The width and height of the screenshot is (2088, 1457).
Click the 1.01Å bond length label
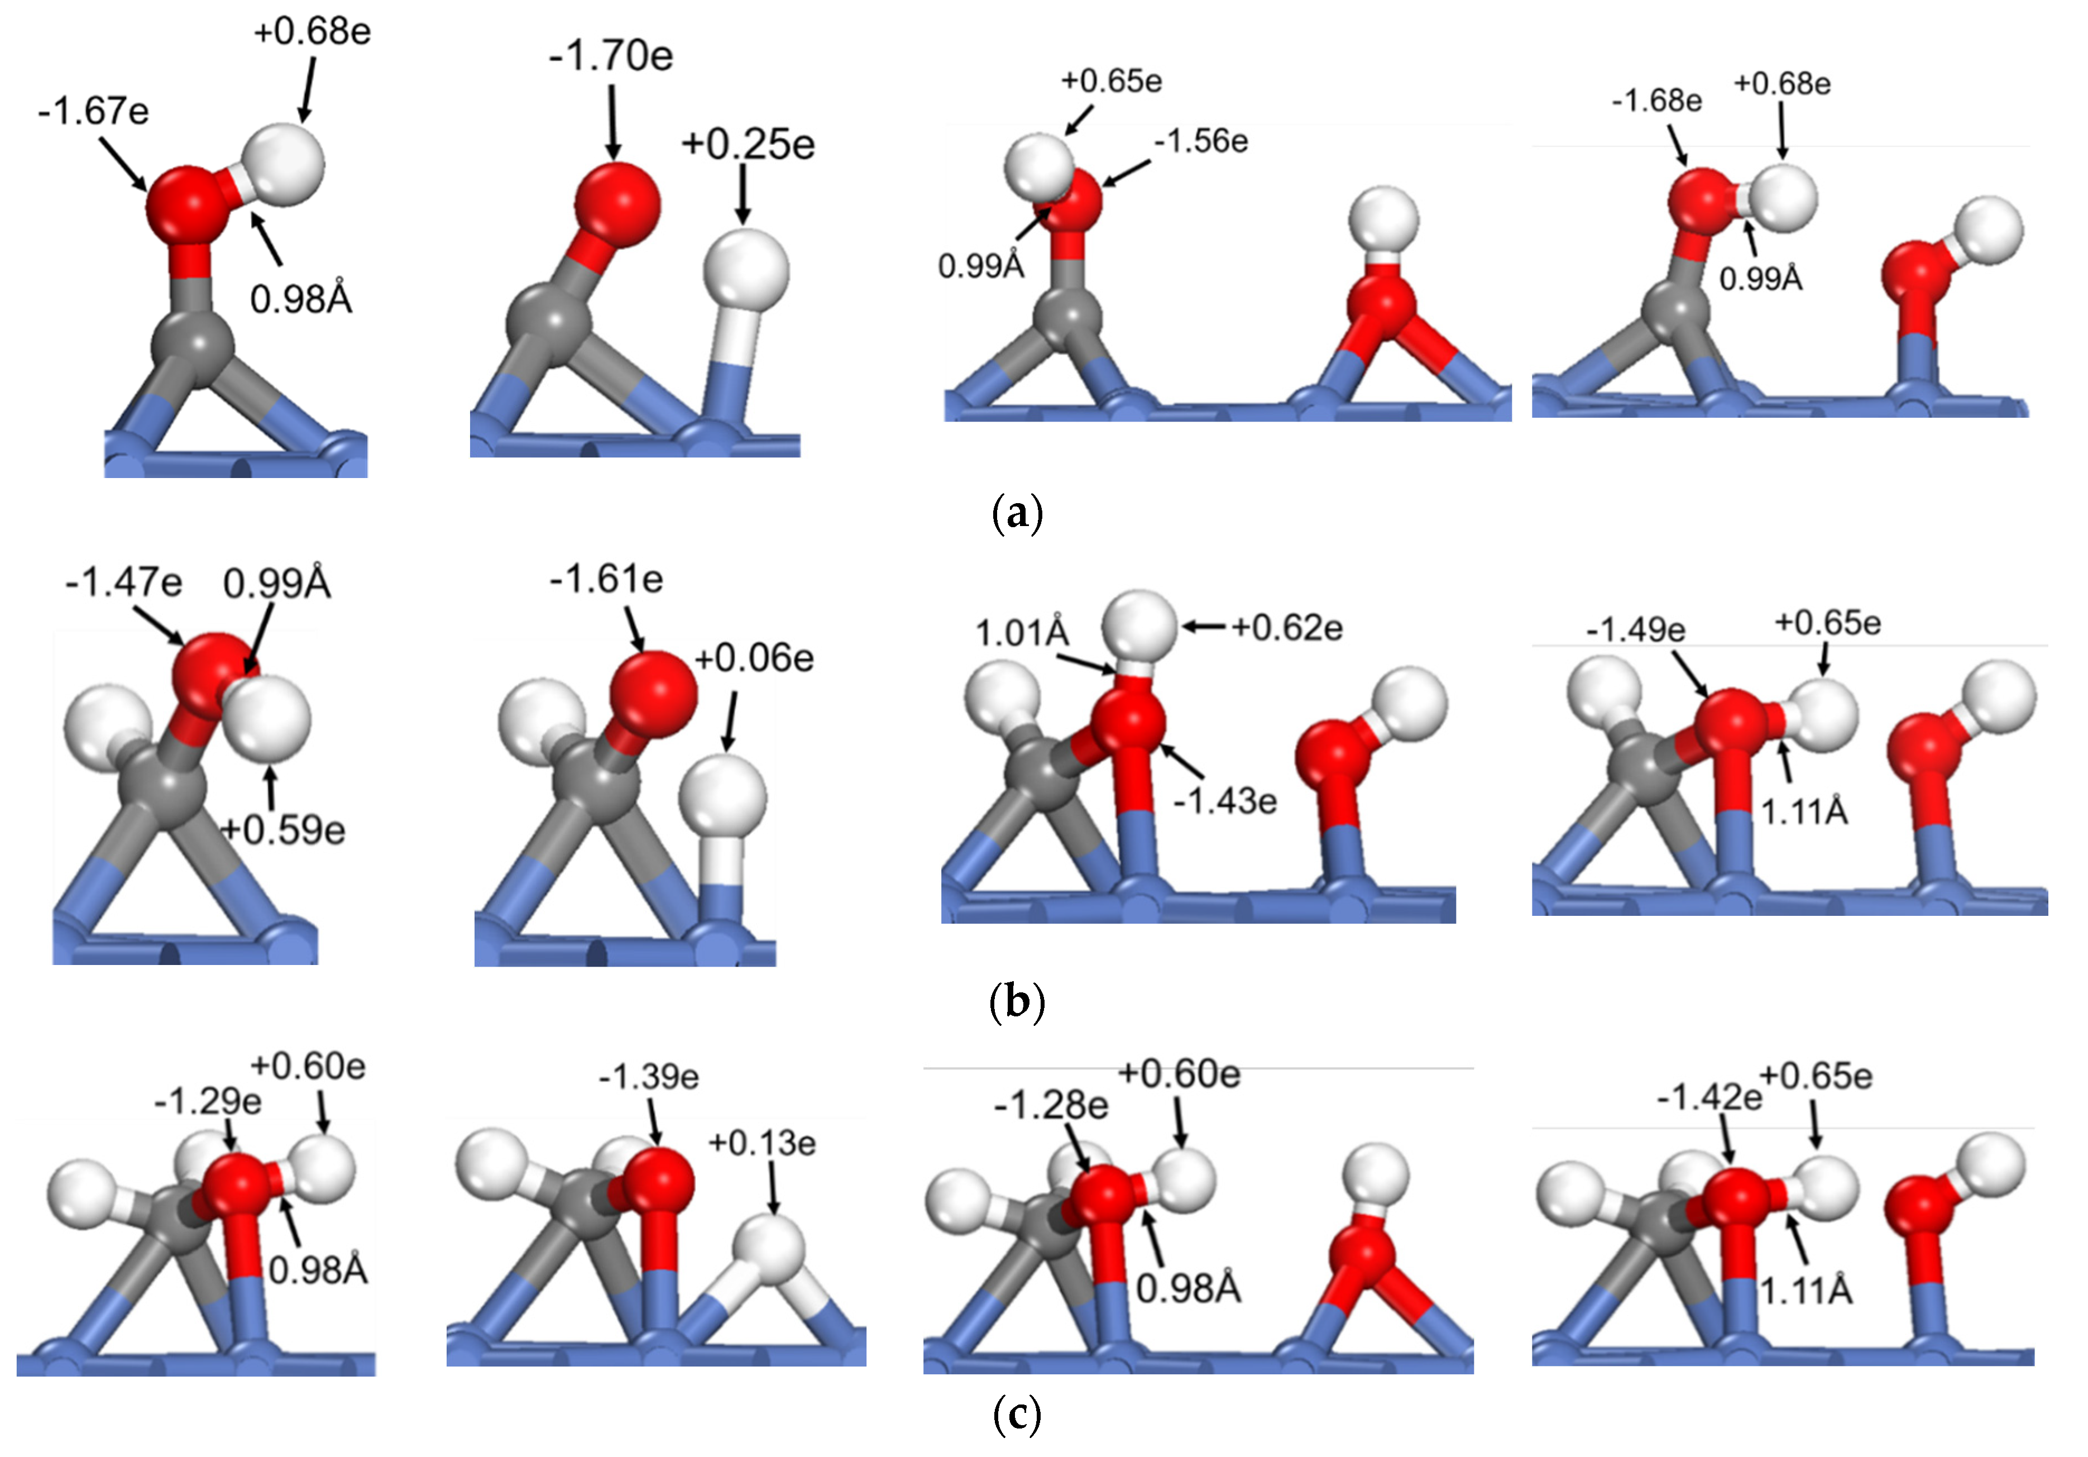[x=1022, y=633]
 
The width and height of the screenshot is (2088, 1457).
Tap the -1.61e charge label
[x=606, y=579]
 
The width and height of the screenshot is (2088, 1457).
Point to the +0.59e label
[x=284, y=829]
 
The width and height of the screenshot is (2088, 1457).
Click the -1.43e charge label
[x=1225, y=800]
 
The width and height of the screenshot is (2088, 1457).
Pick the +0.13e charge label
[x=762, y=1143]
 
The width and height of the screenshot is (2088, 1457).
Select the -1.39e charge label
[x=648, y=1077]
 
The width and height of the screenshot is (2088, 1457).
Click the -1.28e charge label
[x=1051, y=1106]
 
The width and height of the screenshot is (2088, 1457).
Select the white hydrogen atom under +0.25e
[x=746, y=270]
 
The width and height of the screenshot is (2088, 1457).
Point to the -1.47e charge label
[x=124, y=582]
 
